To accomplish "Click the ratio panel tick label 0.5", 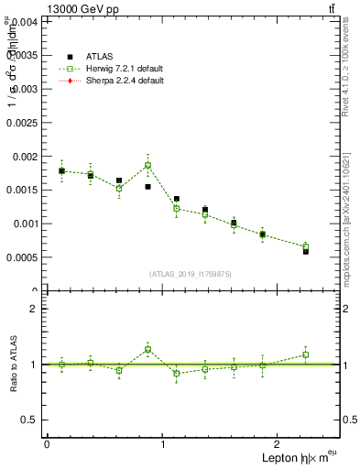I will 29,420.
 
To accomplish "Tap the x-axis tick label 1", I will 163,444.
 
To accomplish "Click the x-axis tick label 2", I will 279,444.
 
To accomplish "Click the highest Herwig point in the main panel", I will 147,166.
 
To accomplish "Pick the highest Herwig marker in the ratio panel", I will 147,349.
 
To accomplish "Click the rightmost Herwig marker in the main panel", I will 306,246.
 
